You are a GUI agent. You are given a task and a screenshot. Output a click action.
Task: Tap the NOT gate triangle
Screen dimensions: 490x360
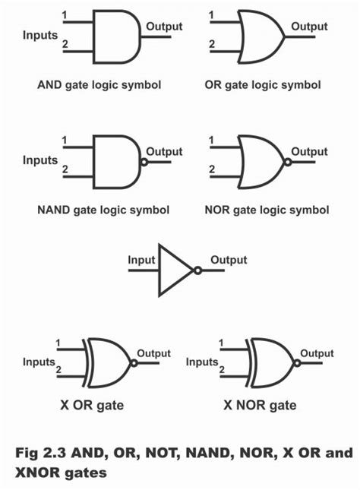[x=173, y=270]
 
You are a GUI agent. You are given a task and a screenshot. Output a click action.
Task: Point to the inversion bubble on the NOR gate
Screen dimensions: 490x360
[x=287, y=162]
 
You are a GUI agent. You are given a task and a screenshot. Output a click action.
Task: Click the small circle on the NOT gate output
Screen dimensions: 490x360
[x=197, y=270]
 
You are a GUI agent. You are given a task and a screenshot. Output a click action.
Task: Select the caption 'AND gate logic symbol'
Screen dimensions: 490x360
[x=99, y=84]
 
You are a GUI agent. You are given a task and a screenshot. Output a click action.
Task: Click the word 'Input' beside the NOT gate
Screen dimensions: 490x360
[x=141, y=260]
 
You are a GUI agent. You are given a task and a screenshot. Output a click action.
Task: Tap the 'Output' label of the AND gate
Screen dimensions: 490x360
[x=164, y=26]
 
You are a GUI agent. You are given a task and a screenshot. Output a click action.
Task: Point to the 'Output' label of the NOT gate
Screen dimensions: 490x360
[x=229, y=260]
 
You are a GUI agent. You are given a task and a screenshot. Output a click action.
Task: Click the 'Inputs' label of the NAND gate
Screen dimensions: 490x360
[x=40, y=160]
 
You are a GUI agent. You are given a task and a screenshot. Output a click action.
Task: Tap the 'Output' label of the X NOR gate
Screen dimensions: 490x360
[x=317, y=353]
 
